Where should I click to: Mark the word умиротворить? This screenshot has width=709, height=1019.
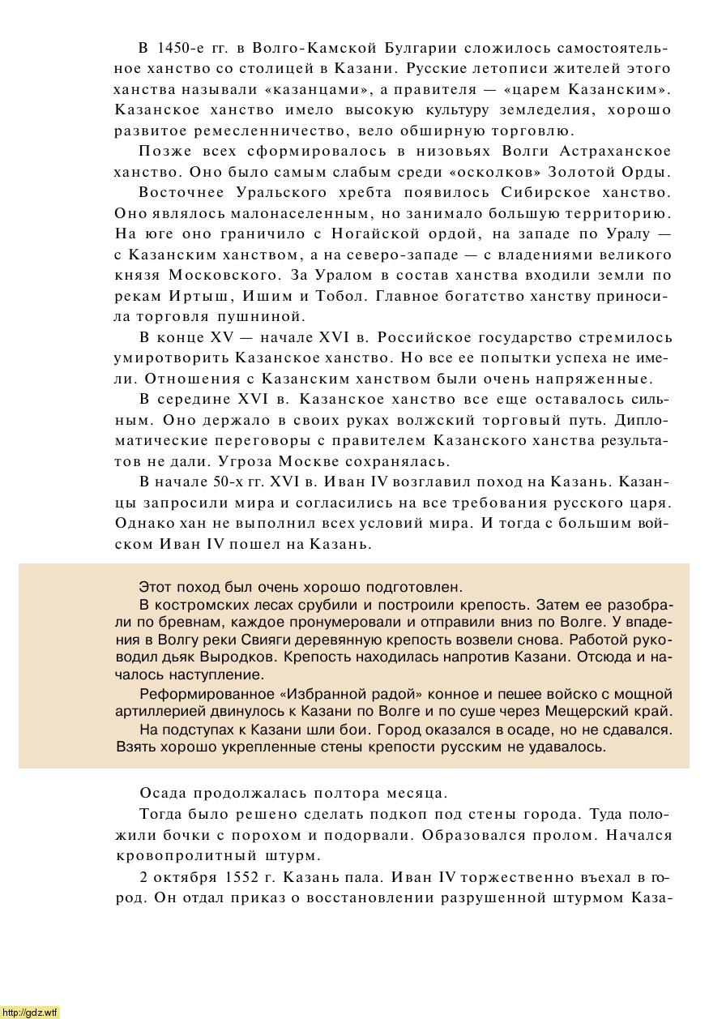tap(171, 358)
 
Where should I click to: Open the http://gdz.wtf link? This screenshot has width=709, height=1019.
tap(30, 1012)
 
